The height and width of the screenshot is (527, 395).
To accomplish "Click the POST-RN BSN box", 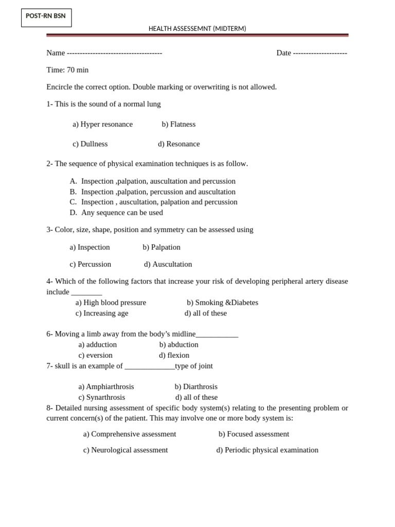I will pyautogui.click(x=46, y=17).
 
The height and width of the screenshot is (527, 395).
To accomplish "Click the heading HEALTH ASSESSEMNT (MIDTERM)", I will pyautogui.click(x=197, y=29).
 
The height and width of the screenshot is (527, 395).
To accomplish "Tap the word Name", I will pyautogui.click(x=56, y=53).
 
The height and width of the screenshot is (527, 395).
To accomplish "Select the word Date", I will pyautogui.click(x=284, y=53).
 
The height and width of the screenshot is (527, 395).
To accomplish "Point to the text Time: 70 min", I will pyautogui.click(x=67, y=70).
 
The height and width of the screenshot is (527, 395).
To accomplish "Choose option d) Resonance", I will pyautogui.click(x=178, y=144).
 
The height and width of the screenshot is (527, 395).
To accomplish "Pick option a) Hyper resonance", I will pyautogui.click(x=102, y=125).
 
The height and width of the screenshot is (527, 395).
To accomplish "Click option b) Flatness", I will pyautogui.click(x=178, y=125).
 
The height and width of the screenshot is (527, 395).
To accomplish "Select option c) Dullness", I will pyautogui.click(x=90, y=144).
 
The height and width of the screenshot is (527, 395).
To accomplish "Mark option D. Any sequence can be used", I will pyautogui.click(x=116, y=213).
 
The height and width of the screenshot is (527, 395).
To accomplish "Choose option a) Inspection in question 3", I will pyautogui.click(x=89, y=248).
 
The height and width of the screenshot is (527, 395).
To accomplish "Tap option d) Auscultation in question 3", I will pyautogui.click(x=168, y=265).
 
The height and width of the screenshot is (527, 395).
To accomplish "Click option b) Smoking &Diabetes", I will pyautogui.click(x=222, y=303).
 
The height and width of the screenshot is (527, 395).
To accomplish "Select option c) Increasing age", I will pyautogui.click(x=102, y=313).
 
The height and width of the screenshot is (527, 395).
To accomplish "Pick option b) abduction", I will pyautogui.click(x=178, y=345).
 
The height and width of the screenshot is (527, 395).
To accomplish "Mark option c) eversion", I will pyautogui.click(x=95, y=356).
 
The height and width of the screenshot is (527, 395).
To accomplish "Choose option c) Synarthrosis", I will pyautogui.click(x=101, y=398).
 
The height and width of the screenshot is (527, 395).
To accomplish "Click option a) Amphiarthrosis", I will pyautogui.click(x=106, y=387).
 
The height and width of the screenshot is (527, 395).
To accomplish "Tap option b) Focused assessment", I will pyautogui.click(x=254, y=434).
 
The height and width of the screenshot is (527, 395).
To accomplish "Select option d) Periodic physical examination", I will pyautogui.click(x=267, y=450).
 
